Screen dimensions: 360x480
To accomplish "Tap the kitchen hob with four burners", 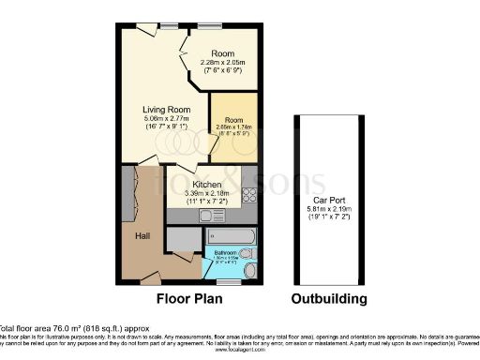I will click(x=249, y=195).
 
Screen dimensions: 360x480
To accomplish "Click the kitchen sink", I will click(x=208, y=216).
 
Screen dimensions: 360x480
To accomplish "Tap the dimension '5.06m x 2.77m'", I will click(x=166, y=120).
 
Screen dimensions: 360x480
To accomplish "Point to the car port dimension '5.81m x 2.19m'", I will click(x=327, y=211).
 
